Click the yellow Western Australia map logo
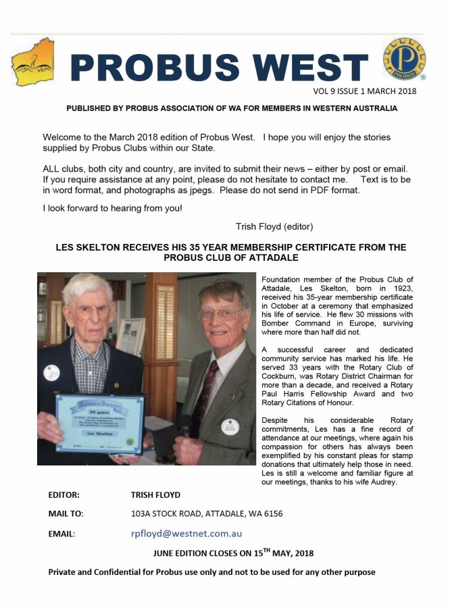click(x=32, y=62)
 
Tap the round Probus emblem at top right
click(x=403, y=60)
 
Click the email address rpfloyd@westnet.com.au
click(x=186, y=533)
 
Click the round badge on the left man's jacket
click(x=51, y=372)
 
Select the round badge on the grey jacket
click(x=230, y=426)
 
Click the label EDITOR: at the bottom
click(x=64, y=495)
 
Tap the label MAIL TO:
click(x=66, y=514)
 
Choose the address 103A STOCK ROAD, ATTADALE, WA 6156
click(x=207, y=514)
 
